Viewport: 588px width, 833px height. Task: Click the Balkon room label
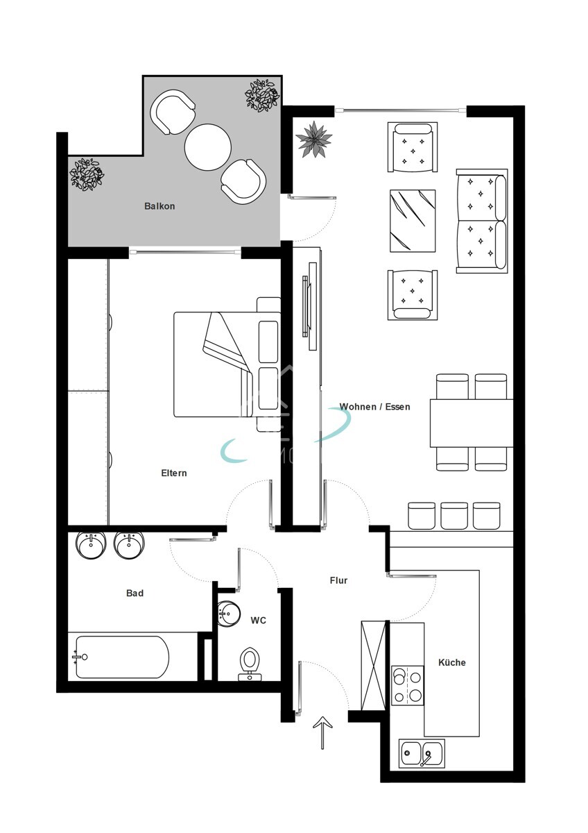pos(159,206)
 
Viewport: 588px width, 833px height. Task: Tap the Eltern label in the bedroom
pos(174,473)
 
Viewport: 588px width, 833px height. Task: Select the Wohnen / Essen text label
pos(374,407)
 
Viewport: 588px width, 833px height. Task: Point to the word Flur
pos(338,580)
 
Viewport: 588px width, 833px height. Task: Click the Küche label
pos(451,662)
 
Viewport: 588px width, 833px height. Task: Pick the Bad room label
pos(135,594)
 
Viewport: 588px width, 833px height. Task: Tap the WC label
pos(258,620)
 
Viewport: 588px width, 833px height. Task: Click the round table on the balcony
pos(207,146)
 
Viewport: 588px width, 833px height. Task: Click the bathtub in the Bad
pos(121,657)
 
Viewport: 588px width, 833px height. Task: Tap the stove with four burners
pos(407,685)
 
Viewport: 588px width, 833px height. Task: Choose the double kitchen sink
pos(422,753)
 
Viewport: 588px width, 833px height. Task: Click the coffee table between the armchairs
pos(413,221)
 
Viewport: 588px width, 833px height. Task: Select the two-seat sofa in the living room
pos(482,220)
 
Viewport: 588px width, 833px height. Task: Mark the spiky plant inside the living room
pos(314,139)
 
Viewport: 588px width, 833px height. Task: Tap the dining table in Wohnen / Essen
pos(472,423)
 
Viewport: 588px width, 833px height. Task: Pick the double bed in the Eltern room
pos(222,364)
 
